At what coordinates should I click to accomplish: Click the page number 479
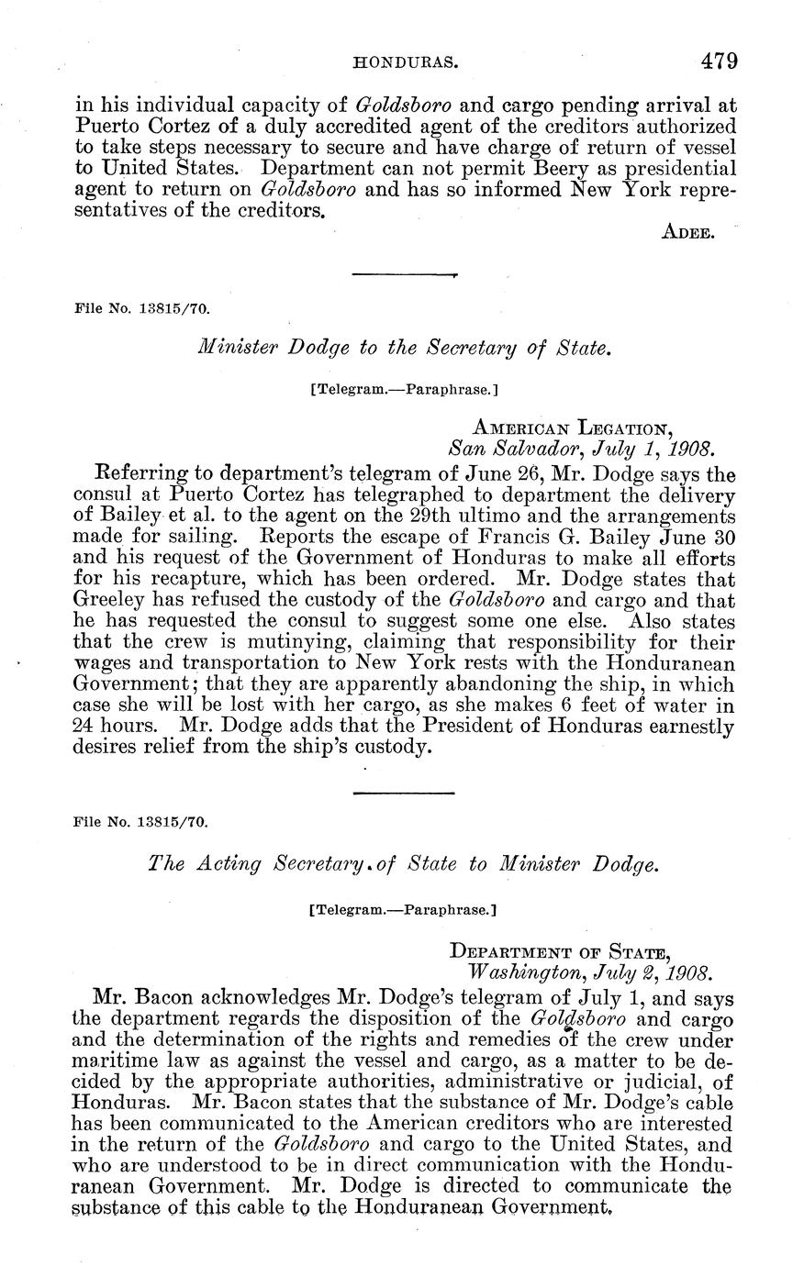(719, 61)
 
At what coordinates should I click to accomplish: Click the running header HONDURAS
(406, 63)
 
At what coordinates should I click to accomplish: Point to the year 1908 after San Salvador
(690, 449)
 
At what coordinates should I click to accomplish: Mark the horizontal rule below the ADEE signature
(404, 273)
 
